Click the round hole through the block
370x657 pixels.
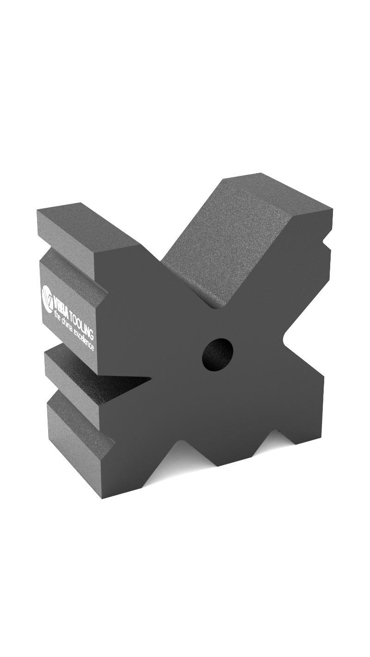point(217,354)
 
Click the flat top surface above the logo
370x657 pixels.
point(88,226)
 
